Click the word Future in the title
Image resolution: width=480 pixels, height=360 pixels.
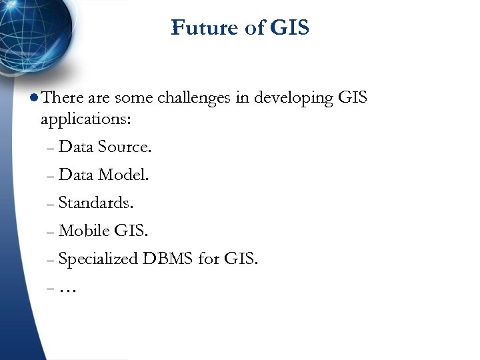(195, 28)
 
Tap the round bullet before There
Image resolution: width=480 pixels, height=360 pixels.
(34, 99)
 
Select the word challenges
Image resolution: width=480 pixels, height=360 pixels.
(194, 99)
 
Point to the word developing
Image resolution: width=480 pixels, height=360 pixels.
(293, 99)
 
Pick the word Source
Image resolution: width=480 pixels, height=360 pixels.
(125, 147)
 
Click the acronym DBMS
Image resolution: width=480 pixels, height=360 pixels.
(167, 259)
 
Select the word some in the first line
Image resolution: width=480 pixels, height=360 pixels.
(133, 99)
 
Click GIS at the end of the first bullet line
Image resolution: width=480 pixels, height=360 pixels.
(353, 98)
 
